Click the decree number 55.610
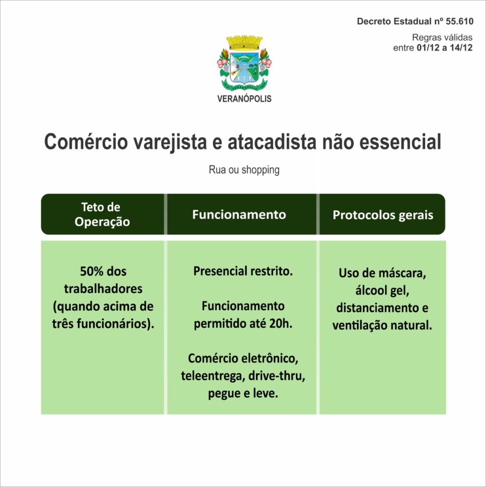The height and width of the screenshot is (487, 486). (459, 21)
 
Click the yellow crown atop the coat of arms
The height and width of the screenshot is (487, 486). (244, 43)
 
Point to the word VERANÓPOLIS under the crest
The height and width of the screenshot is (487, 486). (244, 98)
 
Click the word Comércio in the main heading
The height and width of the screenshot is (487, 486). (86, 142)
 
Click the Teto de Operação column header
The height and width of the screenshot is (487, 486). (102, 214)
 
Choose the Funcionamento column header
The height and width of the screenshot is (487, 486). (239, 214)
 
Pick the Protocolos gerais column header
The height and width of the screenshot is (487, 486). (383, 215)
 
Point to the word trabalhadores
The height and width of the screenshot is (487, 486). (103, 289)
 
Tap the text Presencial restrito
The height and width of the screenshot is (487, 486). (243, 271)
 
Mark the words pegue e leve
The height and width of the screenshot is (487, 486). (243, 394)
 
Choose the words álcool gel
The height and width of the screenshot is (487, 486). (382, 291)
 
